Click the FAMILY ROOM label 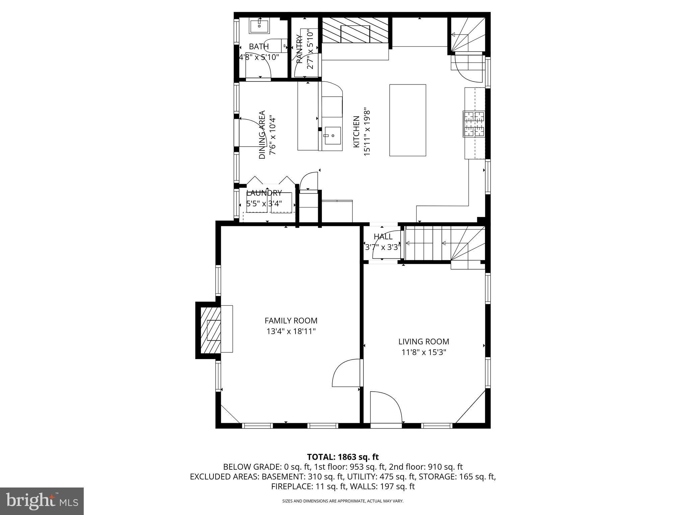(x=291, y=321)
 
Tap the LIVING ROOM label (x=423, y=341)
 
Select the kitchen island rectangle (x=407, y=120)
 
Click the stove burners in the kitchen (x=474, y=124)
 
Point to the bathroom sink (x=259, y=26)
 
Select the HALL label (x=383, y=236)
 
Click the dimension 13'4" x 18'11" (x=291, y=331)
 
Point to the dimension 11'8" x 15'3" (x=423, y=352)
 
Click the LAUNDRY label (x=264, y=193)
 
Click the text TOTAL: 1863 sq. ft (x=343, y=457)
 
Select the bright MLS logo (x=42, y=501)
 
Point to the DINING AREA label (x=262, y=135)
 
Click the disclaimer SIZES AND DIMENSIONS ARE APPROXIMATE (x=343, y=501)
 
